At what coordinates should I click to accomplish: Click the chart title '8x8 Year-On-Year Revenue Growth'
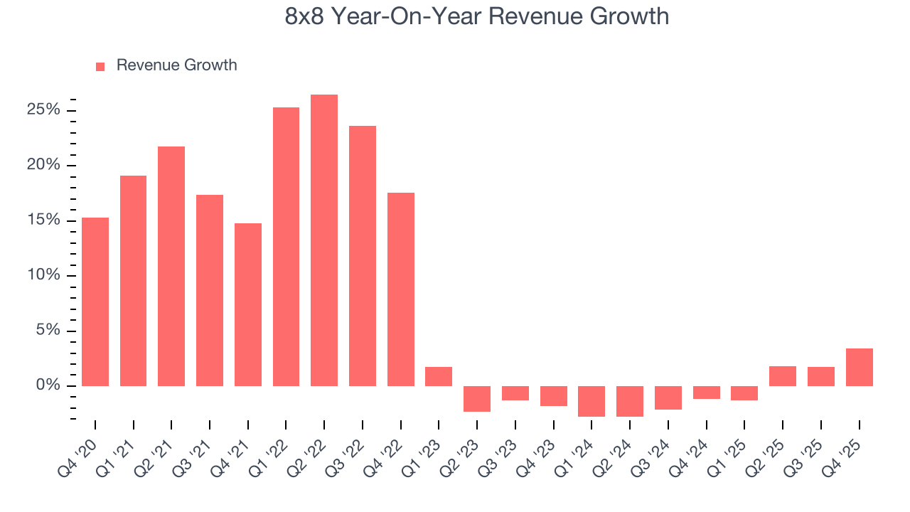pos(476,16)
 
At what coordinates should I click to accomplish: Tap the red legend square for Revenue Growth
pos(100,66)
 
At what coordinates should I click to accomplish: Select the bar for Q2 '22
pos(324,240)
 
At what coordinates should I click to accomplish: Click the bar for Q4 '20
pos(95,302)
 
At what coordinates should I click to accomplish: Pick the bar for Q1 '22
pos(286,247)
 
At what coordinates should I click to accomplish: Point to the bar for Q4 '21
pos(248,304)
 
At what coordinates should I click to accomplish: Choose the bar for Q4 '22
pos(401,289)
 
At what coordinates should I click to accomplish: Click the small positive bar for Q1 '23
pos(439,376)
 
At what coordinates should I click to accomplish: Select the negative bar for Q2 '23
pos(477,399)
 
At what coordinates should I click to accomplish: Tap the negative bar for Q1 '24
pos(591,401)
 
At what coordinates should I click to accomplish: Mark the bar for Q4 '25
pos(859,367)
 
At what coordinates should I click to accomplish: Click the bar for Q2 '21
pos(171,266)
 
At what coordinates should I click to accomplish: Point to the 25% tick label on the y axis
pos(43,110)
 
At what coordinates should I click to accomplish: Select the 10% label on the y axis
pos(43,275)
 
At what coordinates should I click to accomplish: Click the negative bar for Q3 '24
pos(668,398)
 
